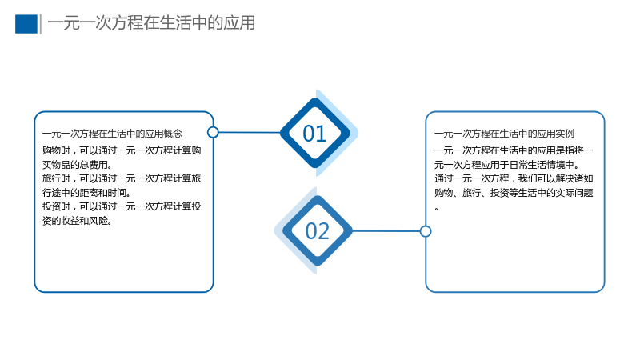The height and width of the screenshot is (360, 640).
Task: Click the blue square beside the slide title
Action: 26,24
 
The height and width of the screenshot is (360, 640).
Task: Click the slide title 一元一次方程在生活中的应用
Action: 151,23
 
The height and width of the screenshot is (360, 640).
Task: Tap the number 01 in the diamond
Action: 314,134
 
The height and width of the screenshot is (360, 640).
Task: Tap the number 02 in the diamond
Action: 317,231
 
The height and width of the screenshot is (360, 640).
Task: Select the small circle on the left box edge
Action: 213,132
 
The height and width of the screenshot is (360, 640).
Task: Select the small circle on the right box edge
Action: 426,231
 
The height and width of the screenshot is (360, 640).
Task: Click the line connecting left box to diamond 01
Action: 250,132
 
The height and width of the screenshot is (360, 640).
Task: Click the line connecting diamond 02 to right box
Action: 386,231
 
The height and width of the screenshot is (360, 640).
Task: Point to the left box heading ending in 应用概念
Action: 112,134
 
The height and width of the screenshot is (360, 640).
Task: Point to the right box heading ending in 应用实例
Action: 504,134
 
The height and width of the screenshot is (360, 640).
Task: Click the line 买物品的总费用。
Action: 77,165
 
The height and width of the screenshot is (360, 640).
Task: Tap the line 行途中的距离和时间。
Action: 86,193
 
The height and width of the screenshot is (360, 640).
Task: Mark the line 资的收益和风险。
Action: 77,221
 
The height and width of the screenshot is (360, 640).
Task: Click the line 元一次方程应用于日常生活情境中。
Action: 507,165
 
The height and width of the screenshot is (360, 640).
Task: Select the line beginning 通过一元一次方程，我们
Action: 514,178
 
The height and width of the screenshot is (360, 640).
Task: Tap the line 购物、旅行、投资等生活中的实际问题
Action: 514,193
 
